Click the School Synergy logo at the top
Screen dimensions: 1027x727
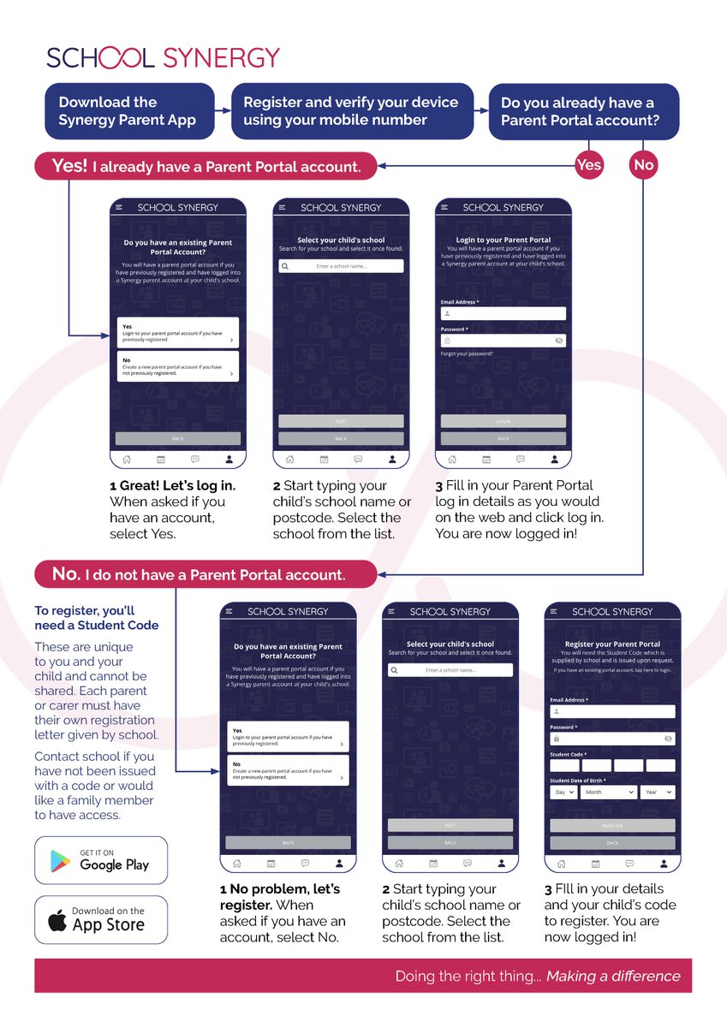pyautogui.click(x=164, y=57)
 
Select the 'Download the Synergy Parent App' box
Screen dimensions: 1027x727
pyautogui.click(x=129, y=111)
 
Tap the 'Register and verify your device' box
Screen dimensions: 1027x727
pyautogui.click(x=351, y=111)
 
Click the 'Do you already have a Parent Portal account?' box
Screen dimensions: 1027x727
pyautogui.click(x=583, y=111)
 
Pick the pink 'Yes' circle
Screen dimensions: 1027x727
pyautogui.click(x=589, y=164)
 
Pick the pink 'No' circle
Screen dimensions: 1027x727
pyautogui.click(x=643, y=164)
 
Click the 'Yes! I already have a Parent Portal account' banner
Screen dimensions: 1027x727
pyautogui.click(x=206, y=166)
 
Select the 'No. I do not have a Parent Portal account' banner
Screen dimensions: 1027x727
pyautogui.click(x=206, y=574)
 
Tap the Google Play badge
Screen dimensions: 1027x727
pyautogui.click(x=101, y=860)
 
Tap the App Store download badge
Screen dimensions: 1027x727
pyautogui.click(x=101, y=920)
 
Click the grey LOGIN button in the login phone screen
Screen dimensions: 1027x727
pyautogui.click(x=504, y=421)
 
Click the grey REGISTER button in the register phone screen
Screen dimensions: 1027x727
pyautogui.click(x=612, y=826)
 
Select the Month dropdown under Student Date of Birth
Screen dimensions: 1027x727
pyautogui.click(x=609, y=793)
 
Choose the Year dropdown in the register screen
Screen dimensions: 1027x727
pyautogui.click(x=658, y=793)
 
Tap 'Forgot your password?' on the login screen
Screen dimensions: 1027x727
pyautogui.click(x=467, y=353)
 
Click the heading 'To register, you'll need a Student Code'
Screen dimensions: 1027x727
pyautogui.click(x=96, y=618)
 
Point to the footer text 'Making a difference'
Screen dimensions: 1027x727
pyautogui.click(x=613, y=977)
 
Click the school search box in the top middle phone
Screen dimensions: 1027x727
pyautogui.click(x=341, y=267)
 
